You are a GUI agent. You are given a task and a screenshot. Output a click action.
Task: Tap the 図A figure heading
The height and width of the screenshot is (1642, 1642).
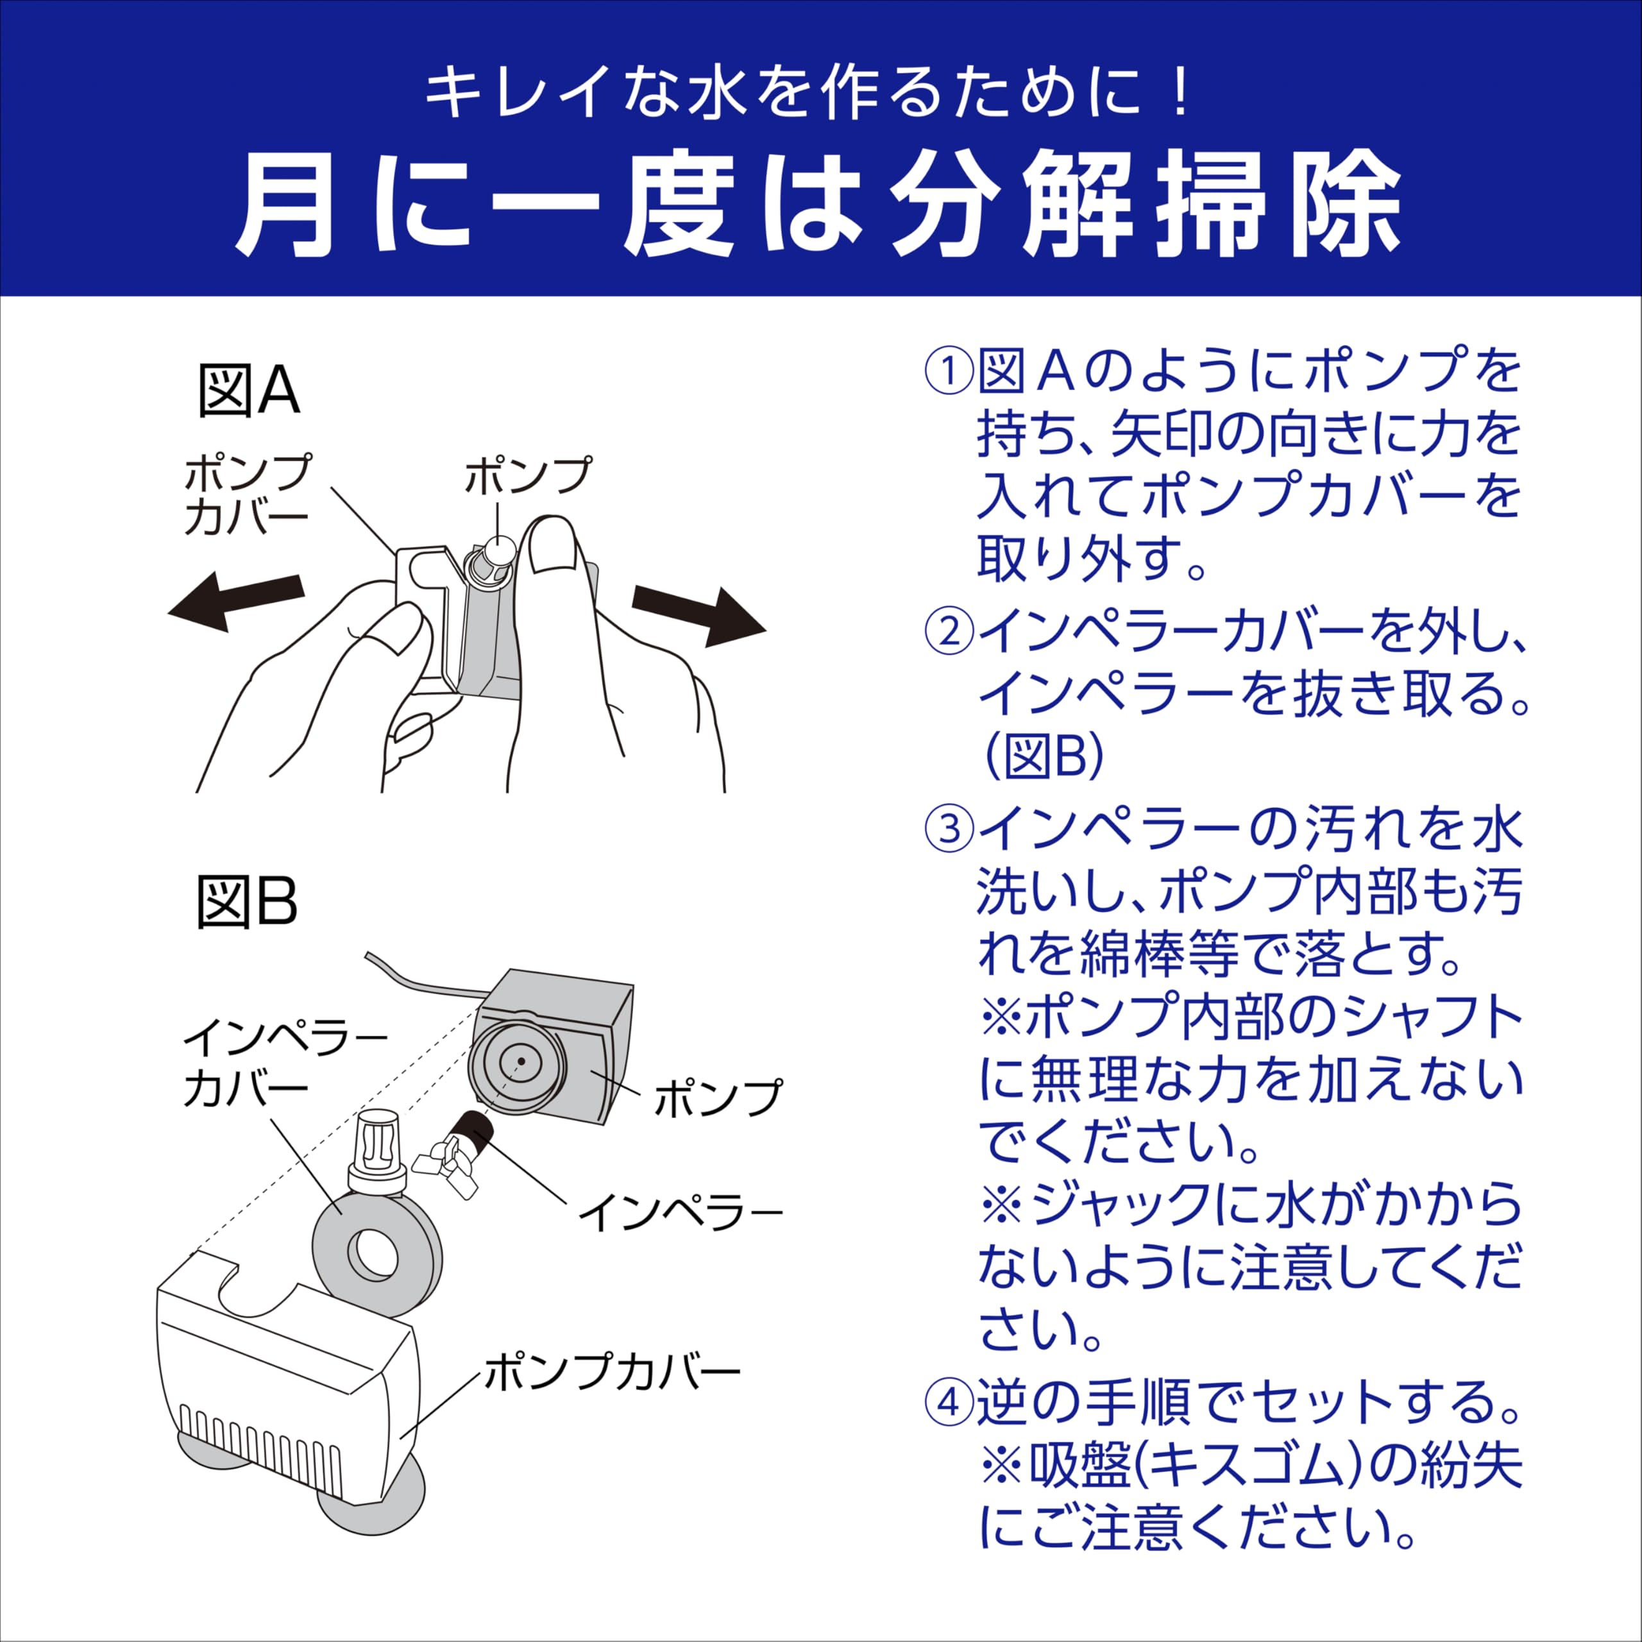pyautogui.click(x=248, y=392)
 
